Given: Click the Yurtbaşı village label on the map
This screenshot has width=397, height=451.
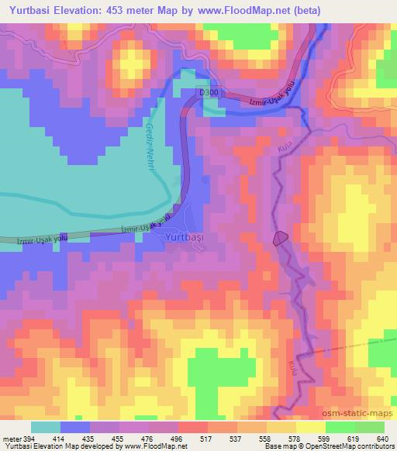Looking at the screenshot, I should pyautogui.click(x=185, y=238).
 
